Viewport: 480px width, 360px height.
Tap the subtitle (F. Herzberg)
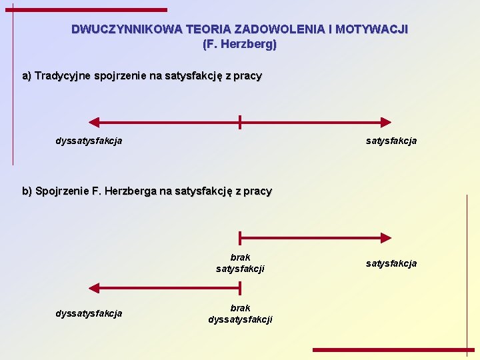pos(239,45)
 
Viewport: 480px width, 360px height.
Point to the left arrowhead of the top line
pos(94,122)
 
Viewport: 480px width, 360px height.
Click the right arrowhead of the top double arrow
pos(386,122)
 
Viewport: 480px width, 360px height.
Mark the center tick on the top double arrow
pos(240,122)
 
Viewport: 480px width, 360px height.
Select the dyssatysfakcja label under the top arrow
pos(89,141)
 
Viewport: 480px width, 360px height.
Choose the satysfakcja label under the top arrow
pos(391,141)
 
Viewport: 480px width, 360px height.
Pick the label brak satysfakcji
pos(240,263)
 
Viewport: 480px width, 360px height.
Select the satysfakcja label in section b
pos(391,263)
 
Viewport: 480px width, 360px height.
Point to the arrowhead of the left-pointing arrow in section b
pos(94,288)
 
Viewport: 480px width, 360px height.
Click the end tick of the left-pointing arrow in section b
pos(240,288)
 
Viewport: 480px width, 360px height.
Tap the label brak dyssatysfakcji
pos(240,313)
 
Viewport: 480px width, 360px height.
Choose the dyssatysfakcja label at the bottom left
pos(89,313)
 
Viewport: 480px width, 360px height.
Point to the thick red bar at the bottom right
pos(393,349)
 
